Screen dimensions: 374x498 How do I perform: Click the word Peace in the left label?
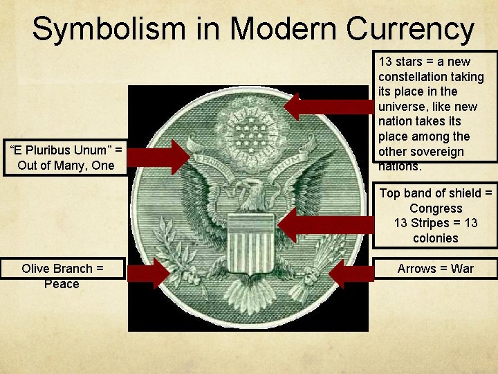(x=62, y=284)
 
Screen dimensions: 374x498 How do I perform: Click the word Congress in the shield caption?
(x=436, y=208)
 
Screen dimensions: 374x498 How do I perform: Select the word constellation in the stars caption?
(x=414, y=76)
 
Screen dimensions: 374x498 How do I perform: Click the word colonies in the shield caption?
(x=436, y=238)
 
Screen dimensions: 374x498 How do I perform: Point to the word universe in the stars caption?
(x=402, y=107)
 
